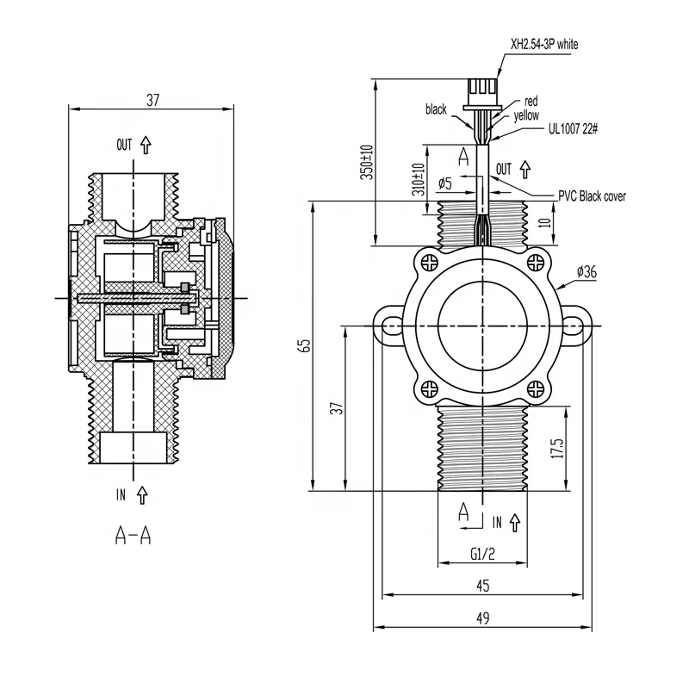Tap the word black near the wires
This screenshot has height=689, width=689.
pyautogui.click(x=437, y=109)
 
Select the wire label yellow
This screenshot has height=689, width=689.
pyautogui.click(x=527, y=115)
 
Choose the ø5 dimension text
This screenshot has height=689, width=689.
pyautogui.click(x=445, y=183)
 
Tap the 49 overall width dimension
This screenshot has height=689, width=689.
pyautogui.click(x=482, y=618)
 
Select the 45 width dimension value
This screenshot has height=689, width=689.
pyautogui.click(x=482, y=586)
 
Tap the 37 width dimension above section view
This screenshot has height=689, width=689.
pyautogui.click(x=152, y=100)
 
